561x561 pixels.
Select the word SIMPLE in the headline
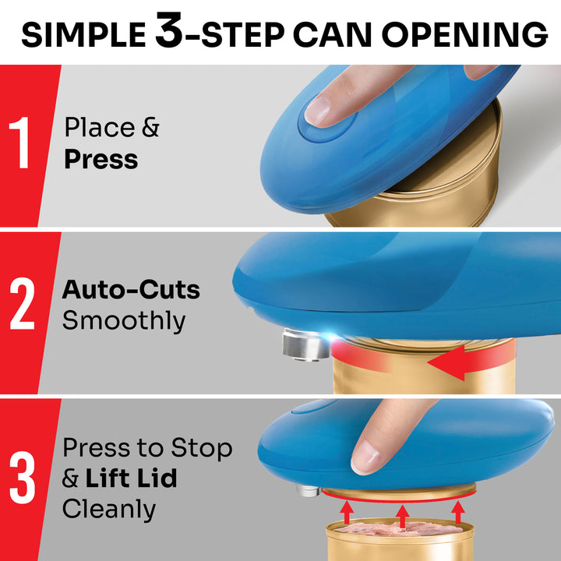click(82, 34)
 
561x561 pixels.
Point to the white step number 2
click(21, 306)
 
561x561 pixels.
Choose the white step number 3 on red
click(21, 478)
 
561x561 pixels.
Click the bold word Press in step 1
click(101, 160)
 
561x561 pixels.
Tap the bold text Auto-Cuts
click(131, 291)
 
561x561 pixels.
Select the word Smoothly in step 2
click(124, 320)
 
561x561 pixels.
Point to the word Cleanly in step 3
click(109, 509)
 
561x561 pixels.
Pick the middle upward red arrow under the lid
click(401, 514)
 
